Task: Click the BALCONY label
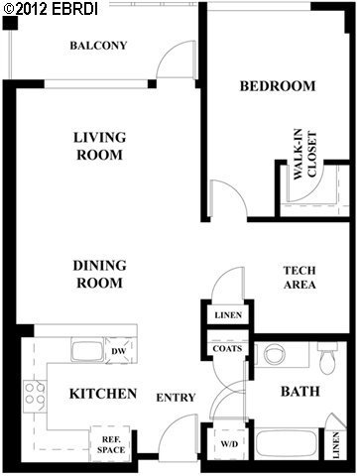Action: (99, 46)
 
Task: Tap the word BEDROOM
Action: (278, 86)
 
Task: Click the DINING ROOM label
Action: (97, 274)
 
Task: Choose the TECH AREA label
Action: (299, 278)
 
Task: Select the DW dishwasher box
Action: (117, 350)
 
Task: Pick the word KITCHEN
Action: (102, 395)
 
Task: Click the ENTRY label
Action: (176, 398)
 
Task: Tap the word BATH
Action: (299, 392)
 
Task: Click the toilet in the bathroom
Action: (326, 355)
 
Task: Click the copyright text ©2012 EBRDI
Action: (46, 8)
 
